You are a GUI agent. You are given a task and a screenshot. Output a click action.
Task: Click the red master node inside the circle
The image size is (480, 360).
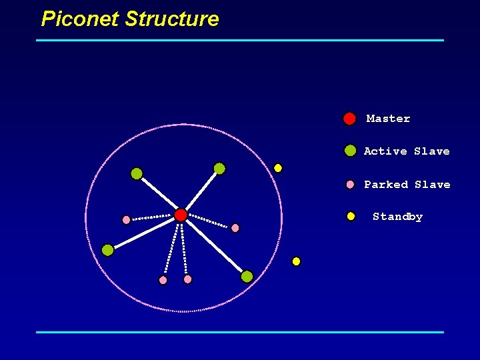tap(181, 215)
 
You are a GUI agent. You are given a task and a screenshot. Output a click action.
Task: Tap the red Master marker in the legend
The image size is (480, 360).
tap(349, 119)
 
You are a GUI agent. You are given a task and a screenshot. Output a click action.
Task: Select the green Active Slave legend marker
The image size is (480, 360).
tap(350, 151)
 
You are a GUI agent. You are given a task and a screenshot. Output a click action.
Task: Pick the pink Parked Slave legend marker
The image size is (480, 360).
tap(350, 185)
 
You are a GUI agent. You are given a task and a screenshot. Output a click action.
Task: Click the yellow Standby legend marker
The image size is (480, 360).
tap(351, 216)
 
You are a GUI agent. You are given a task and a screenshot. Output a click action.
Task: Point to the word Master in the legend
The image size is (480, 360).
tap(388, 119)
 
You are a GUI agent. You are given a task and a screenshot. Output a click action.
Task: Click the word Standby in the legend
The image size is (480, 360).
tap(397, 217)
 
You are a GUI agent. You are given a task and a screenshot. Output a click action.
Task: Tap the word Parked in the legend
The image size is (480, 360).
tap(386, 185)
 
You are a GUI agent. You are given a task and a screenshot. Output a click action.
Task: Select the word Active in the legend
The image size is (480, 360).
tap(385, 151)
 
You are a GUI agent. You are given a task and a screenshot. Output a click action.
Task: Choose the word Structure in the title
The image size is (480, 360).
tap(171, 19)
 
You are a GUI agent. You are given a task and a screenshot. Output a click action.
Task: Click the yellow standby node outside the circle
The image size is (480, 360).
tap(296, 261)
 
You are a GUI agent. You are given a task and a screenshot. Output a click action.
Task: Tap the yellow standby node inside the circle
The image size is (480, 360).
tap(278, 168)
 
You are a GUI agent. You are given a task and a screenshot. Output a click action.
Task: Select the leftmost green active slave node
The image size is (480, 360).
tap(107, 250)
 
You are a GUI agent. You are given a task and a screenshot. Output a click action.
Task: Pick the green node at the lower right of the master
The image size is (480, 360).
tap(247, 276)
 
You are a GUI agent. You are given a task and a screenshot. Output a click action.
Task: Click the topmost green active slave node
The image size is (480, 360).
tap(219, 168)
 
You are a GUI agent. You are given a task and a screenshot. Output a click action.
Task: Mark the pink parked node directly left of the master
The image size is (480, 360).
tap(126, 219)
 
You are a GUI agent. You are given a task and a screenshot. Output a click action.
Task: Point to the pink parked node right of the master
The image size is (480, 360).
tap(235, 228)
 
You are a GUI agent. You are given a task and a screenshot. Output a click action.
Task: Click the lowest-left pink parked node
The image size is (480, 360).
tap(163, 281)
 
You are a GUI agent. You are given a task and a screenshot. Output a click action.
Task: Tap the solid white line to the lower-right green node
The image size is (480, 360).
tap(213, 245)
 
